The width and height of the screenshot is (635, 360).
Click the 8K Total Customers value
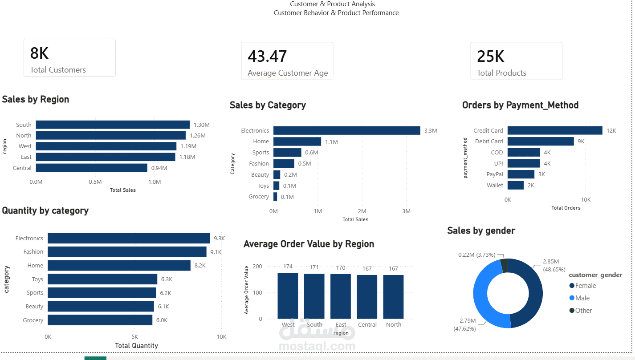coord(39,53)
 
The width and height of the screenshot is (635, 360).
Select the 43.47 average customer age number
coord(267,56)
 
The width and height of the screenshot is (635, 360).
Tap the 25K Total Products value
coord(491,56)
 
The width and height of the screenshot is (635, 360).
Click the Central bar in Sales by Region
coord(92,168)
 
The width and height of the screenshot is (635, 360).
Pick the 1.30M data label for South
coord(202,125)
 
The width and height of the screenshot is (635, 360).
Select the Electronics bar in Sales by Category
coord(347,130)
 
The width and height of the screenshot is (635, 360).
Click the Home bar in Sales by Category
coord(297,142)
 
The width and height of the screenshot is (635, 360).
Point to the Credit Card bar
coord(555,130)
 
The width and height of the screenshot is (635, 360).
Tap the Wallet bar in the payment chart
coord(516,185)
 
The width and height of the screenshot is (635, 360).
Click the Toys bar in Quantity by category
coord(102,279)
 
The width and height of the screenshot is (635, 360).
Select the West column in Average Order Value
coord(288,296)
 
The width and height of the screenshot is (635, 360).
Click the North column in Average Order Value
coord(393,297)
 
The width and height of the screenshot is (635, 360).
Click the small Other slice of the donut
coord(505,265)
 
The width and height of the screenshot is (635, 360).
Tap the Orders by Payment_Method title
coord(520,105)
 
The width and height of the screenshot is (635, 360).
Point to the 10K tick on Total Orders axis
coord(586,200)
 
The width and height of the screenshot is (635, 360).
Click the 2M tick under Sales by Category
coord(362,211)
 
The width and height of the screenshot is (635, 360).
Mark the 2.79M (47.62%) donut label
coord(464,324)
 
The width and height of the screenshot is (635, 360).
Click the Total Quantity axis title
coord(136,346)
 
